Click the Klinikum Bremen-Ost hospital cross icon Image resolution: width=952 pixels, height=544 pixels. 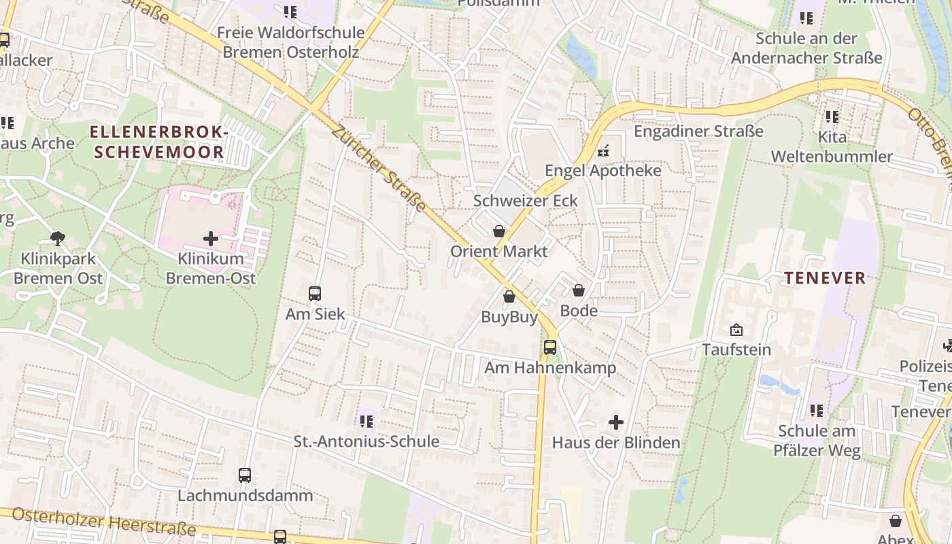(x=211, y=239)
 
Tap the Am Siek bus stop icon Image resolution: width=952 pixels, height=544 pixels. (x=315, y=294)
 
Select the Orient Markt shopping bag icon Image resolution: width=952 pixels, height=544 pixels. (x=499, y=231)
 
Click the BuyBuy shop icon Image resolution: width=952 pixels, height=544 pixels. (x=509, y=296)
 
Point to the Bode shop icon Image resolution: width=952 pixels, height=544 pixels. (x=579, y=291)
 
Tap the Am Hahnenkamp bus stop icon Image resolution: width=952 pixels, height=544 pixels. (x=550, y=347)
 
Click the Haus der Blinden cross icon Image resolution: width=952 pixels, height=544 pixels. (x=616, y=422)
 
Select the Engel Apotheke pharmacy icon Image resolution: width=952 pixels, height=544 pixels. (x=602, y=150)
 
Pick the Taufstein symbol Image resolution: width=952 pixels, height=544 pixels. (x=736, y=330)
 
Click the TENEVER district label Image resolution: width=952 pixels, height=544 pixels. (x=826, y=278)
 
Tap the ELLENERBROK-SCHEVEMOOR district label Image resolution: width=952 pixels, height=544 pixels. (x=158, y=142)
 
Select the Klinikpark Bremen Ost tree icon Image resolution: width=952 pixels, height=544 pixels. (x=58, y=239)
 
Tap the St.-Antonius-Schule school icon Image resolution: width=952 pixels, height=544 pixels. (x=367, y=422)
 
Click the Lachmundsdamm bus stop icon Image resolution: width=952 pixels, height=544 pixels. (x=245, y=475)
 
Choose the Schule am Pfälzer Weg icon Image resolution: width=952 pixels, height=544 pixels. (x=817, y=411)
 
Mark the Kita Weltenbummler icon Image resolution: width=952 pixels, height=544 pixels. (x=832, y=117)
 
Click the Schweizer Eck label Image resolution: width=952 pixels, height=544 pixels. (x=526, y=201)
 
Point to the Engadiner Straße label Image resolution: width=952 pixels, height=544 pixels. (x=698, y=131)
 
